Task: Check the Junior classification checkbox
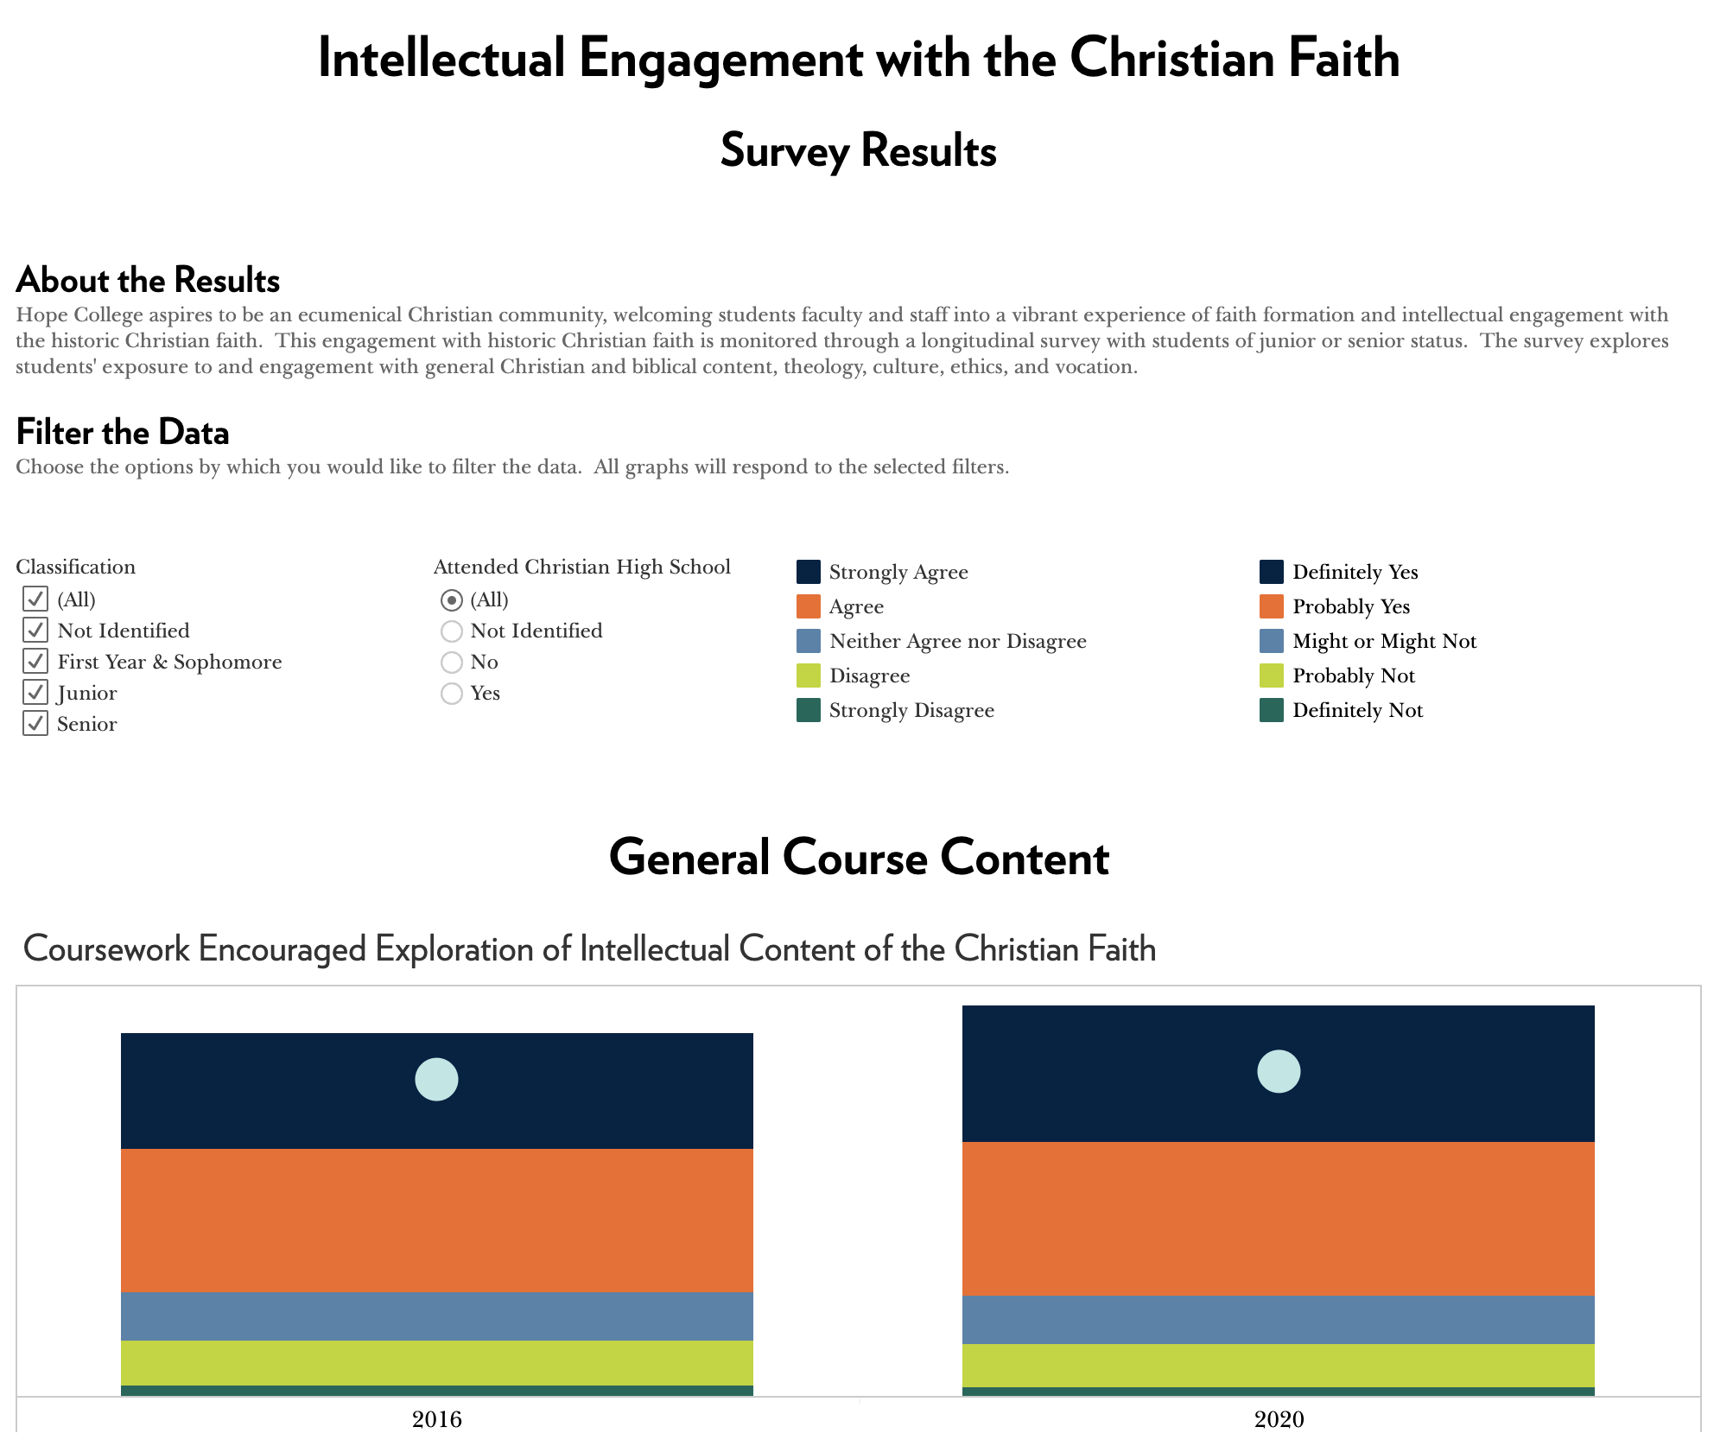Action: click(35, 693)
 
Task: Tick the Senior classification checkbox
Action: click(35, 724)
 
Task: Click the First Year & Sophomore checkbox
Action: click(35, 662)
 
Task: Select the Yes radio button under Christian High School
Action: click(452, 694)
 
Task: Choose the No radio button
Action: click(452, 663)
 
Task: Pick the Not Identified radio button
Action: click(452, 631)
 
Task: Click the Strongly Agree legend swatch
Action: click(808, 572)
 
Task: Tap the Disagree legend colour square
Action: click(808, 675)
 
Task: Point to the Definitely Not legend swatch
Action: click(1271, 710)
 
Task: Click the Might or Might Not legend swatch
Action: click(1271, 641)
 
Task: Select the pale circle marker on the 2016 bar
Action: click(436, 1080)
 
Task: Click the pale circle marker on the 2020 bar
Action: click(1279, 1072)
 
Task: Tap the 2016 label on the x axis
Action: click(437, 1419)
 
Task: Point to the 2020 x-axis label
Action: click(1279, 1419)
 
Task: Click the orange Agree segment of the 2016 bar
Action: click(436, 1220)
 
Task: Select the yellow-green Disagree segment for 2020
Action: click(1279, 1365)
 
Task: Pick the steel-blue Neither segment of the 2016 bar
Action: click(436, 1316)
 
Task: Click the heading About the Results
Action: click(148, 281)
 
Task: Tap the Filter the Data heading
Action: click(123, 433)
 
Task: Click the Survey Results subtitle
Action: click(858, 151)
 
